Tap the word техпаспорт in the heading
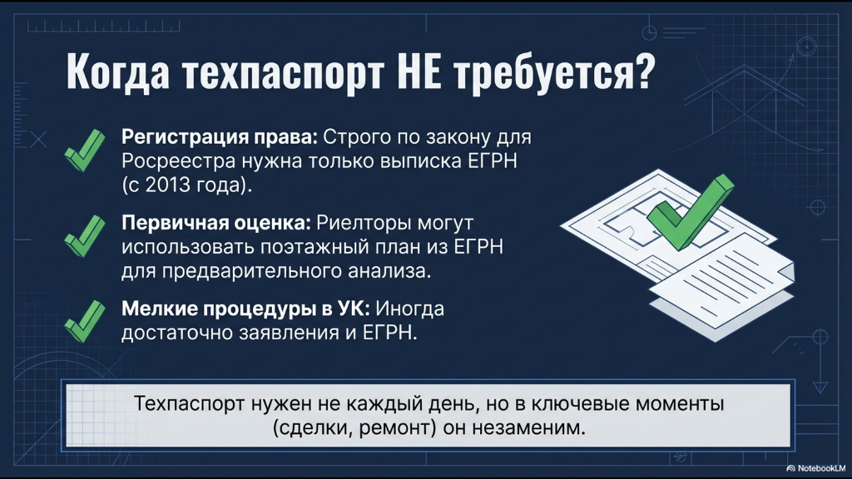[x=283, y=73]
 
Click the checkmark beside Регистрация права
[x=85, y=151]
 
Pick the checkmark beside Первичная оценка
[x=85, y=235]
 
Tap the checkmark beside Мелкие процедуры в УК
[x=85, y=321]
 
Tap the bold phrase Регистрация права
[x=220, y=137]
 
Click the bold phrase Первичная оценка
[x=216, y=223]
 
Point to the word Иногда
[x=410, y=309]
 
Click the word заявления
[x=283, y=333]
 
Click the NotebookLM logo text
[x=821, y=468]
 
